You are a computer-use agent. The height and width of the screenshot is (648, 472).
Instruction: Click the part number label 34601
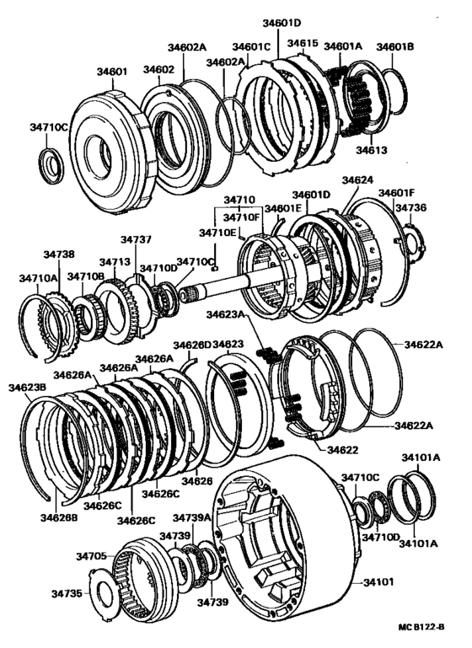point(112,72)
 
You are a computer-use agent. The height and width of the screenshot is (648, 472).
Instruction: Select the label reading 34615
point(303,43)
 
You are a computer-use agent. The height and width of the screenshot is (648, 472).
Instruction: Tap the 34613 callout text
point(372,150)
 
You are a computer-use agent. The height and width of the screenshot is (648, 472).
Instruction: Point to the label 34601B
point(394,46)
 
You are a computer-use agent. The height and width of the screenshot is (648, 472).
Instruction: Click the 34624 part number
point(357,179)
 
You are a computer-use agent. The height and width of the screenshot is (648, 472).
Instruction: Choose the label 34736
point(410,208)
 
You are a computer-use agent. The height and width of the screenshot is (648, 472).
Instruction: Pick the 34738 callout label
point(59,254)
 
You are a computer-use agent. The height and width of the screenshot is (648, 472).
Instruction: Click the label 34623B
point(27,388)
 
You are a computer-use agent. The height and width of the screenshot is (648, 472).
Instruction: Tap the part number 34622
point(343,450)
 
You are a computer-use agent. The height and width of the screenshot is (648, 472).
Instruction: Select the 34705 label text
point(91,556)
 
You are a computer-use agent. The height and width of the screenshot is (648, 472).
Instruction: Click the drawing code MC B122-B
point(421,627)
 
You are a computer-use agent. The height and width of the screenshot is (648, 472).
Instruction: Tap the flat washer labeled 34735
point(102,594)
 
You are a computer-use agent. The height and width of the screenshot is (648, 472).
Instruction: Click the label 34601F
point(397,193)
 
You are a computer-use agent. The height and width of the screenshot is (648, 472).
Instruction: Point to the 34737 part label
point(136,239)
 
